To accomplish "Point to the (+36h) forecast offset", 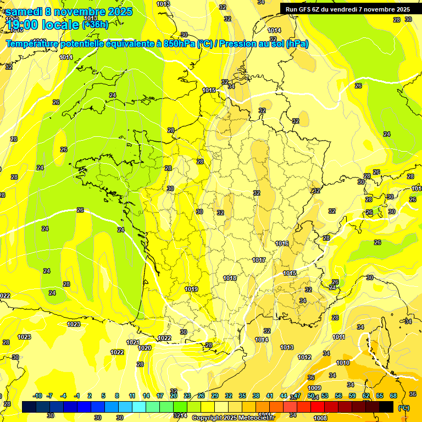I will click(95, 24).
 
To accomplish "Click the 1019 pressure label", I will click(191, 289).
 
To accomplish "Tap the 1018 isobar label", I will click(230, 278).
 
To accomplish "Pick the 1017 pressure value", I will click(259, 260).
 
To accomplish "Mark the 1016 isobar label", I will click(282, 243).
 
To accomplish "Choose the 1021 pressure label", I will click(132, 342).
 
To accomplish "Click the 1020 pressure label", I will click(145, 348).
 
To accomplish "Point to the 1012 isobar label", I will click(304, 357).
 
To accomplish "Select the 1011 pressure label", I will click(338, 337).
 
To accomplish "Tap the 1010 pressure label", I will click(343, 363).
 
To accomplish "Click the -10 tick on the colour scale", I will click(37, 396).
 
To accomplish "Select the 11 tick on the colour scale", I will click(132, 396).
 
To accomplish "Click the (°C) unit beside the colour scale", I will click(403, 408).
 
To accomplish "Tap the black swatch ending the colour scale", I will click(386, 407).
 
